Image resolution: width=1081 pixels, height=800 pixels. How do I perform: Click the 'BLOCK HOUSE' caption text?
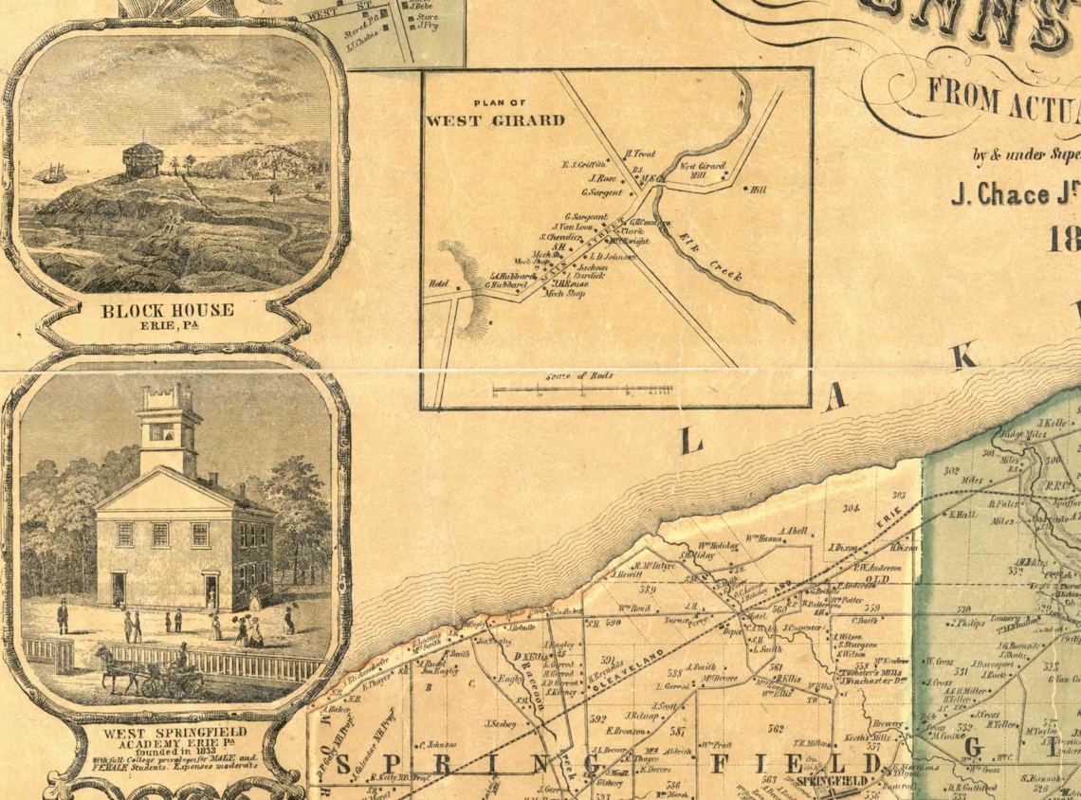coord(167,310)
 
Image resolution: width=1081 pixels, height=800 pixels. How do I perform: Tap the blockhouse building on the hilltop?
coord(144,155)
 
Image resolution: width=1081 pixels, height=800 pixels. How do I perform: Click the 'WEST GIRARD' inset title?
coord(494,120)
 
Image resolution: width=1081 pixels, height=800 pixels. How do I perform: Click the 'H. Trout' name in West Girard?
coord(640,154)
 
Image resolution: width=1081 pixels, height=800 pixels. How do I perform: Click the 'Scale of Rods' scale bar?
coord(583,388)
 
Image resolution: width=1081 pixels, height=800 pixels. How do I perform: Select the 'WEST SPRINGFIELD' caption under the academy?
coord(174,733)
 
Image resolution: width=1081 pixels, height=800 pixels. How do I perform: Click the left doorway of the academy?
coord(119,589)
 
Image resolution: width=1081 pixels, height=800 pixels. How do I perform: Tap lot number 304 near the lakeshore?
coord(851,509)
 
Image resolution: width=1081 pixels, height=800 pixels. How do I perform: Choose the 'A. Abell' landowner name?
coord(793,531)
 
